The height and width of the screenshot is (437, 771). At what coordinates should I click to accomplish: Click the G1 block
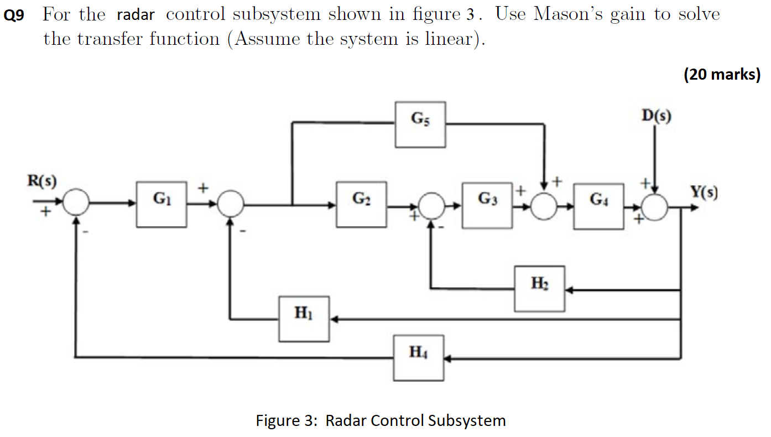pos(162,204)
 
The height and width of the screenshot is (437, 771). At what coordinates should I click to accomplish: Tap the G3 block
pos(487,206)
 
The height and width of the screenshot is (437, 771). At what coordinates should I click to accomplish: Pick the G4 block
pos(598,206)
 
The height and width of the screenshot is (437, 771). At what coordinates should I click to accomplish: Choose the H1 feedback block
pos(304,319)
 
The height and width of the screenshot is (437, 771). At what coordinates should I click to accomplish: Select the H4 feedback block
pos(419,357)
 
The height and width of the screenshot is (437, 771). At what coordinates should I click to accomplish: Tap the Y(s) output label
pos(703,193)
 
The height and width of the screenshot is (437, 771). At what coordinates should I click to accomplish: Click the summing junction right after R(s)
pos(75,205)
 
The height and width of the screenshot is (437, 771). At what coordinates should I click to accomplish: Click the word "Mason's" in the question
pos(568,14)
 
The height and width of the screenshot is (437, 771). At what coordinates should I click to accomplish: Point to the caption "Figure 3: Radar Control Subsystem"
pos(381,420)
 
